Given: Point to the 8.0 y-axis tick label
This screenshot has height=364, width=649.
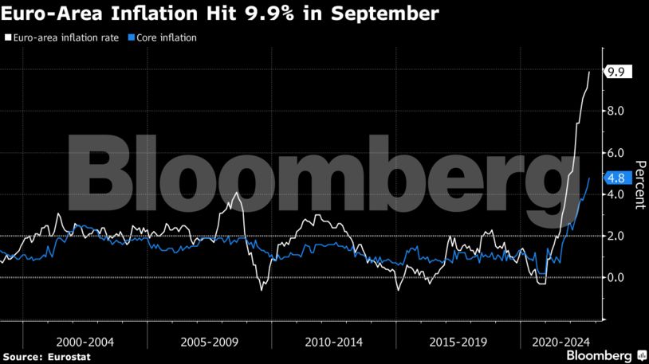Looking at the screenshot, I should pos(615,111).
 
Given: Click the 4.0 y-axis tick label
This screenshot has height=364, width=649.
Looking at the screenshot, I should pos(615,194).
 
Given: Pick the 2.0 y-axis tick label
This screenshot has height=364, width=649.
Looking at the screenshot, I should pos(615,236).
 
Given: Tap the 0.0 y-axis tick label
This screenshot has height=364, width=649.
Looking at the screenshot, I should pos(615,277).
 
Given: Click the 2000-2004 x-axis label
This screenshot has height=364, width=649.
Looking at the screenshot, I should pos(85,341).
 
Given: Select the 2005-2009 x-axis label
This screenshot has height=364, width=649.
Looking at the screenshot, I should pos(208,341).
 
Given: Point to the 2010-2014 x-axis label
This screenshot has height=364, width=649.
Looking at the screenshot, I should pos(333,341).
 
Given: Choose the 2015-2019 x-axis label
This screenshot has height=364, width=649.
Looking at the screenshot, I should pos(457,341).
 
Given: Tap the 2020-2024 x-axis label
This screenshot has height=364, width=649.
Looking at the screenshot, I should pos(557,341).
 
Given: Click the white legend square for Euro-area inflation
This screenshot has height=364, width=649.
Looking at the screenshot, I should pos(8,37).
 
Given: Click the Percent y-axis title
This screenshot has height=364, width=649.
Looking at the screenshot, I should pos(639,185).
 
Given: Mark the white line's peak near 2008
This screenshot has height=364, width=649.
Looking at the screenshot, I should pos(236,193).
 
